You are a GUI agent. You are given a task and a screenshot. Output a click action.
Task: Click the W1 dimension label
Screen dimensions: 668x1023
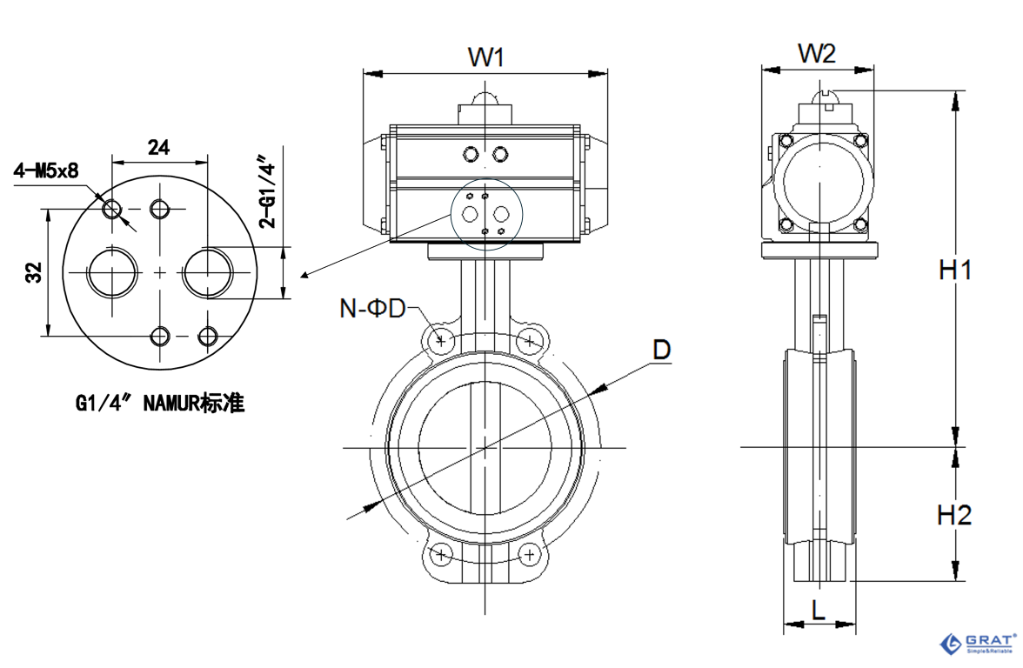486,57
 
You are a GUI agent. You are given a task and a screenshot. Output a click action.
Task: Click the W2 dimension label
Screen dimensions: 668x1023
817,54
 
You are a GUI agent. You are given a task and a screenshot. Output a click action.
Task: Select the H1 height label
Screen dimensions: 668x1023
954,271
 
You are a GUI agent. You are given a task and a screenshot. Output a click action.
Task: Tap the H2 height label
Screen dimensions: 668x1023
954,515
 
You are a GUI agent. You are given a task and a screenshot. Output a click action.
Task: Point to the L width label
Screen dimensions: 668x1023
818,610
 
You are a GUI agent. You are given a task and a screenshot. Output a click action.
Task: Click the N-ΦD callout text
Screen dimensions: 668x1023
373,308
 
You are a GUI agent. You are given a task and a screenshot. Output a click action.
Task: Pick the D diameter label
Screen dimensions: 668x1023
662,350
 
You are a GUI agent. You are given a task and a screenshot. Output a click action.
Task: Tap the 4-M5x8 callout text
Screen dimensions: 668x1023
45,170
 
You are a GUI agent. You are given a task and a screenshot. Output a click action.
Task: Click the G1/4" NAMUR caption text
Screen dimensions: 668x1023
160,404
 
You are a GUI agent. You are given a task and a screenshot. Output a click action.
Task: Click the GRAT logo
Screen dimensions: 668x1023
978,644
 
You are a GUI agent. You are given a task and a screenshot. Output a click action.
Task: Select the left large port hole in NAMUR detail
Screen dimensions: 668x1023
112,272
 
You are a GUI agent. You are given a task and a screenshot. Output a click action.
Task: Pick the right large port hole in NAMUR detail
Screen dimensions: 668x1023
208,272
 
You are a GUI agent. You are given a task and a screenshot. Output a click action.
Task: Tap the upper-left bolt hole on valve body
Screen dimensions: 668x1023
442,340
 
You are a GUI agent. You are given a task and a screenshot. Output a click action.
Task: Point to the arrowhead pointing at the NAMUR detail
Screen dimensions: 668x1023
304,277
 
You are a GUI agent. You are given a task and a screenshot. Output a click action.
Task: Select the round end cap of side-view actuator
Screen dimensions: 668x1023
821,184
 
